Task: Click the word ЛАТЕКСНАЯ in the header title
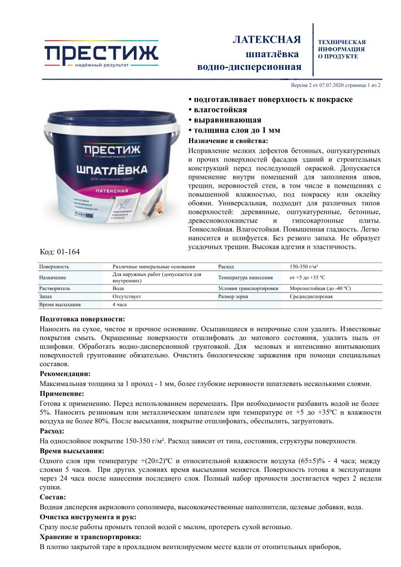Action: point(267,39)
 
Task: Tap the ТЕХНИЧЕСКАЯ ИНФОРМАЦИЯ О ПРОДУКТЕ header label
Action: point(341,49)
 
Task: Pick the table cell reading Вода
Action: point(117,288)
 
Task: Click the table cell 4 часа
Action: point(119,305)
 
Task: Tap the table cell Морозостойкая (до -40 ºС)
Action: point(320,288)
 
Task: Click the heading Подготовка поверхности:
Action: point(82,319)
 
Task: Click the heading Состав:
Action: point(53,497)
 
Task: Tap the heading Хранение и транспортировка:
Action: point(91,537)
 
